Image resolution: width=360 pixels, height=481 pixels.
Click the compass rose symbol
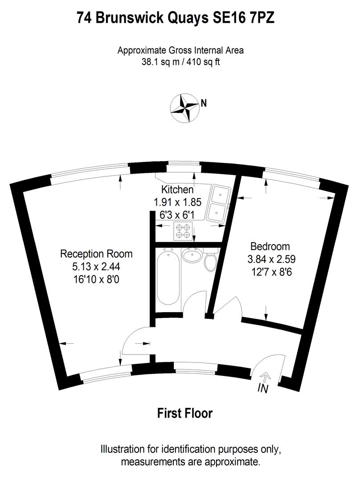pos(184,108)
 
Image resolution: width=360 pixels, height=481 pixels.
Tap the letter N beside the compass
pos(204,103)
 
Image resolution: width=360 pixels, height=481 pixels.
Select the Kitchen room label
pos(177,189)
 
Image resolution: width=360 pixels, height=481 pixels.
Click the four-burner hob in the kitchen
pos(183,230)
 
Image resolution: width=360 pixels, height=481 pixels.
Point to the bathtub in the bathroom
pos(168,277)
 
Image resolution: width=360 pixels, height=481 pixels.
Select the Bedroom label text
pos(270,246)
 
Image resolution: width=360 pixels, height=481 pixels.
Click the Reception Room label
pos(96,254)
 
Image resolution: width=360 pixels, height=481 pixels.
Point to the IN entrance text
pos(263,389)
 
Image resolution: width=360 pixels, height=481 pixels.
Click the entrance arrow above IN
pos(264,376)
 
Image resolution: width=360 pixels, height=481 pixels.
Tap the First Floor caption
pos(185,413)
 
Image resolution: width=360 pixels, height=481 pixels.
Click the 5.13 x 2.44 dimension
pos(97,267)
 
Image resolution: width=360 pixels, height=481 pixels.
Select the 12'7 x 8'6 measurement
pos(270,270)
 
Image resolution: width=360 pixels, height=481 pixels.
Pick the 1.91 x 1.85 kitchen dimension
pos(177,202)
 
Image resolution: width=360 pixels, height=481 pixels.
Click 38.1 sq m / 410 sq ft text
pos(180,62)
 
